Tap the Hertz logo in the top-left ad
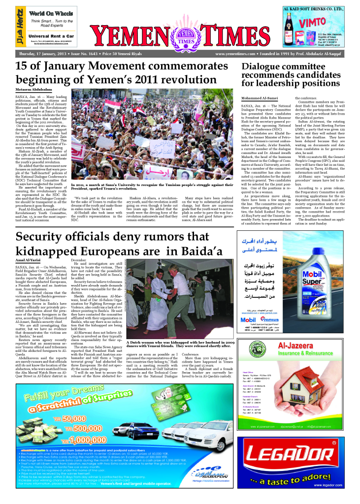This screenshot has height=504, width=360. pos(20,25)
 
